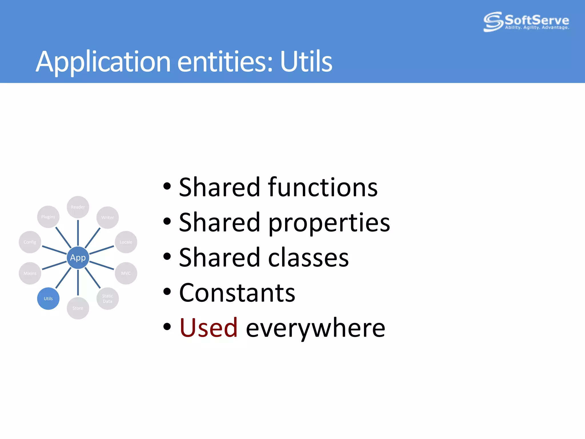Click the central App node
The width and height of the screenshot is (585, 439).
78,258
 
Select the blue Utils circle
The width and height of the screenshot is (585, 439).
48,298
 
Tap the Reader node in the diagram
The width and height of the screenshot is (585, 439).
78,207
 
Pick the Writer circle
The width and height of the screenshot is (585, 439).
107,217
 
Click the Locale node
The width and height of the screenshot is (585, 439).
126,242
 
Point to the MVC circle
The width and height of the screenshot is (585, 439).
126,273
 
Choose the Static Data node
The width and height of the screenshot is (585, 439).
107,298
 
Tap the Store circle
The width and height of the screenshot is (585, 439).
78,308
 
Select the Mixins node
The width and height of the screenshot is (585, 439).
30,273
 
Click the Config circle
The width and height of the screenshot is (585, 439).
30,242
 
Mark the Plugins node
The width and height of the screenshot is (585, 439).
48,217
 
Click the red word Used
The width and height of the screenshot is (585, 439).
209,328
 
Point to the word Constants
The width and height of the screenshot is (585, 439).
237,293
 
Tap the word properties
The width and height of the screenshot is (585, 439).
329,223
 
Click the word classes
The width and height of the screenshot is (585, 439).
308,258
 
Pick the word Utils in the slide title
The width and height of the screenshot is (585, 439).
306,61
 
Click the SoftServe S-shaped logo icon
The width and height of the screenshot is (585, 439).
493,21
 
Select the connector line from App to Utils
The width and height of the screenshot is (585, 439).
63,278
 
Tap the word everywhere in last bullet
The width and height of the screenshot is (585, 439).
315,328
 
